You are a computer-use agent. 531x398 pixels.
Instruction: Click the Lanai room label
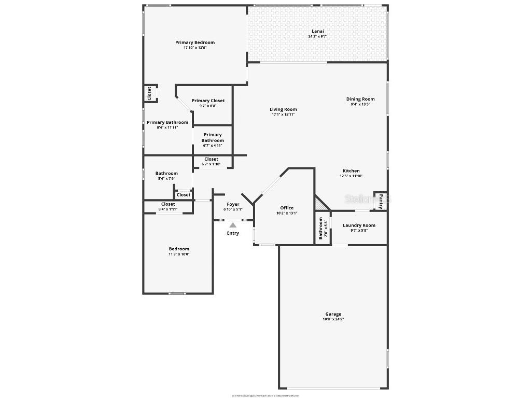(317, 31)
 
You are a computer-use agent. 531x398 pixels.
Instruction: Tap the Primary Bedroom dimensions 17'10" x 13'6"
(195, 48)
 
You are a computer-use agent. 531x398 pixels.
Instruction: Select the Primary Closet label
(208, 101)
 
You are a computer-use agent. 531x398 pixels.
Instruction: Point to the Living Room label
(283, 109)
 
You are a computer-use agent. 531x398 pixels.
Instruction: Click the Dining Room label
(360, 99)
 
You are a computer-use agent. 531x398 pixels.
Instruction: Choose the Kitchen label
(351, 171)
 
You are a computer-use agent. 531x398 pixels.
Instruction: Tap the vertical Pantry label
(381, 201)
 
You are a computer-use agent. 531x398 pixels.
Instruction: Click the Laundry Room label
(359, 225)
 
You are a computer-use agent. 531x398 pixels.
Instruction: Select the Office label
(287, 208)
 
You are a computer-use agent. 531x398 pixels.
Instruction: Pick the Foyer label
(233, 204)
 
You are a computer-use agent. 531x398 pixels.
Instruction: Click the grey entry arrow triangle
(233, 225)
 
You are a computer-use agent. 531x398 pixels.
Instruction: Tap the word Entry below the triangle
(233, 233)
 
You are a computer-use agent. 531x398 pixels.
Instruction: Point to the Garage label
(333, 314)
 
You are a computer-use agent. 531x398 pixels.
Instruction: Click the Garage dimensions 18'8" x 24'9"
(333, 319)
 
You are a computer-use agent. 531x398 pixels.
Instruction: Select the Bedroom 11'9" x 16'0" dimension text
(179, 254)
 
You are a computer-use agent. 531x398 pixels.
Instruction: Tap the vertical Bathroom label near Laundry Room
(320, 228)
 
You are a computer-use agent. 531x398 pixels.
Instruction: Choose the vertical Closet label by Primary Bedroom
(149, 93)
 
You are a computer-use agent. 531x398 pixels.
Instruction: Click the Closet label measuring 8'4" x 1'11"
(168, 204)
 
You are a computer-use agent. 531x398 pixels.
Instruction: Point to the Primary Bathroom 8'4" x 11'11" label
(167, 122)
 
